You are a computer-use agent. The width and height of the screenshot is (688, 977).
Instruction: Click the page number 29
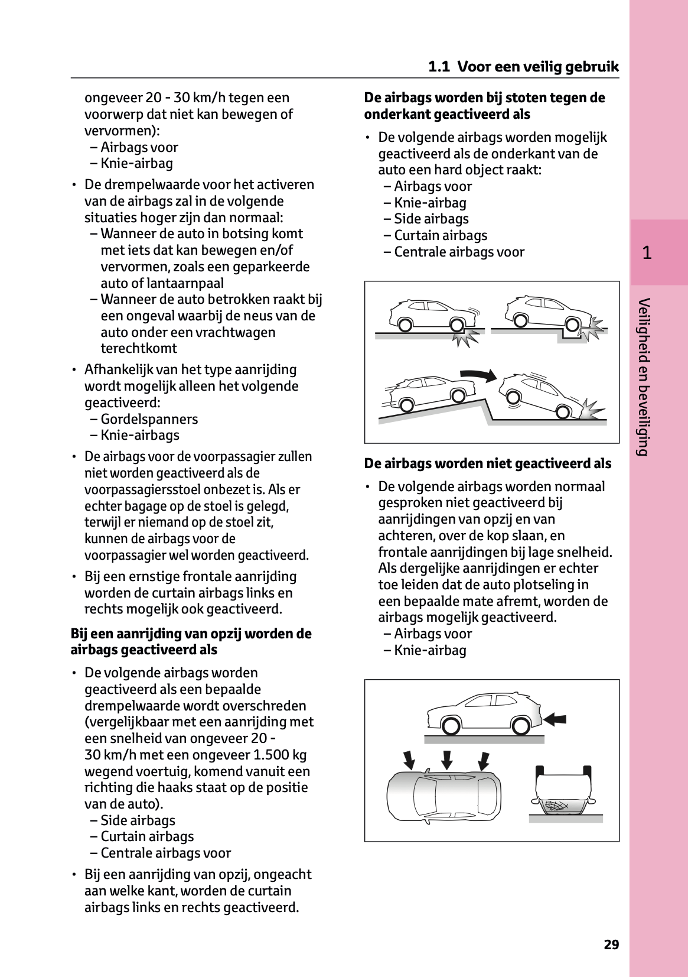coord(611,944)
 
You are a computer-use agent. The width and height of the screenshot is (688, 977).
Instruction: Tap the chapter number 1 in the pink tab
coord(647,253)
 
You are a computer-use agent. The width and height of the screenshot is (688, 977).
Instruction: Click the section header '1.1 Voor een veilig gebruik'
coord(523,66)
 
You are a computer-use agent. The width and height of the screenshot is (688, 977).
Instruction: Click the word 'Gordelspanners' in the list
coord(149,419)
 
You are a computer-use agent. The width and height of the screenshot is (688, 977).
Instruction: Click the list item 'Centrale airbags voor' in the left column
coord(165,853)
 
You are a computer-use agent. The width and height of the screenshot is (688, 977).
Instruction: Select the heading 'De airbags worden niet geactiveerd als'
coord(487,463)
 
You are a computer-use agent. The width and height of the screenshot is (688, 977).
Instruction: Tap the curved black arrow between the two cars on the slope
coord(479,374)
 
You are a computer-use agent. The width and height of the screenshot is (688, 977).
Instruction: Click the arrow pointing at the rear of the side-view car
coord(555,719)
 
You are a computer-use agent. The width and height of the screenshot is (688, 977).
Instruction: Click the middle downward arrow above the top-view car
coord(447,759)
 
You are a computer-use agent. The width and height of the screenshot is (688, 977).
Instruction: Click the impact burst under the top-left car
coord(465,337)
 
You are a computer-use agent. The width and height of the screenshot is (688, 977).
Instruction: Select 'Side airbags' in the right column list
coord(431,219)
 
